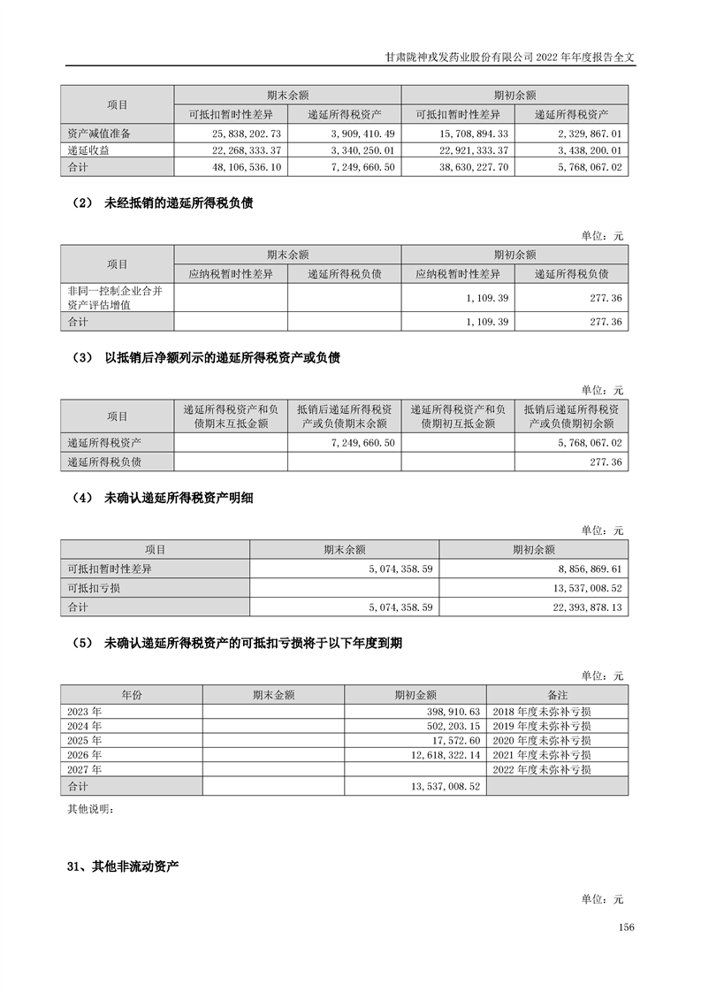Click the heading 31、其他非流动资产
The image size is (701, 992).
[123, 866]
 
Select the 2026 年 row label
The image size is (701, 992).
[85, 755]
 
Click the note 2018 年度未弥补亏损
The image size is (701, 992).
[541, 711]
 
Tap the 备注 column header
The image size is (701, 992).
[558, 695]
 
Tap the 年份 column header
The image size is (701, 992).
[131, 695]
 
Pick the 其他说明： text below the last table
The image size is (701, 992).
[90, 809]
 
